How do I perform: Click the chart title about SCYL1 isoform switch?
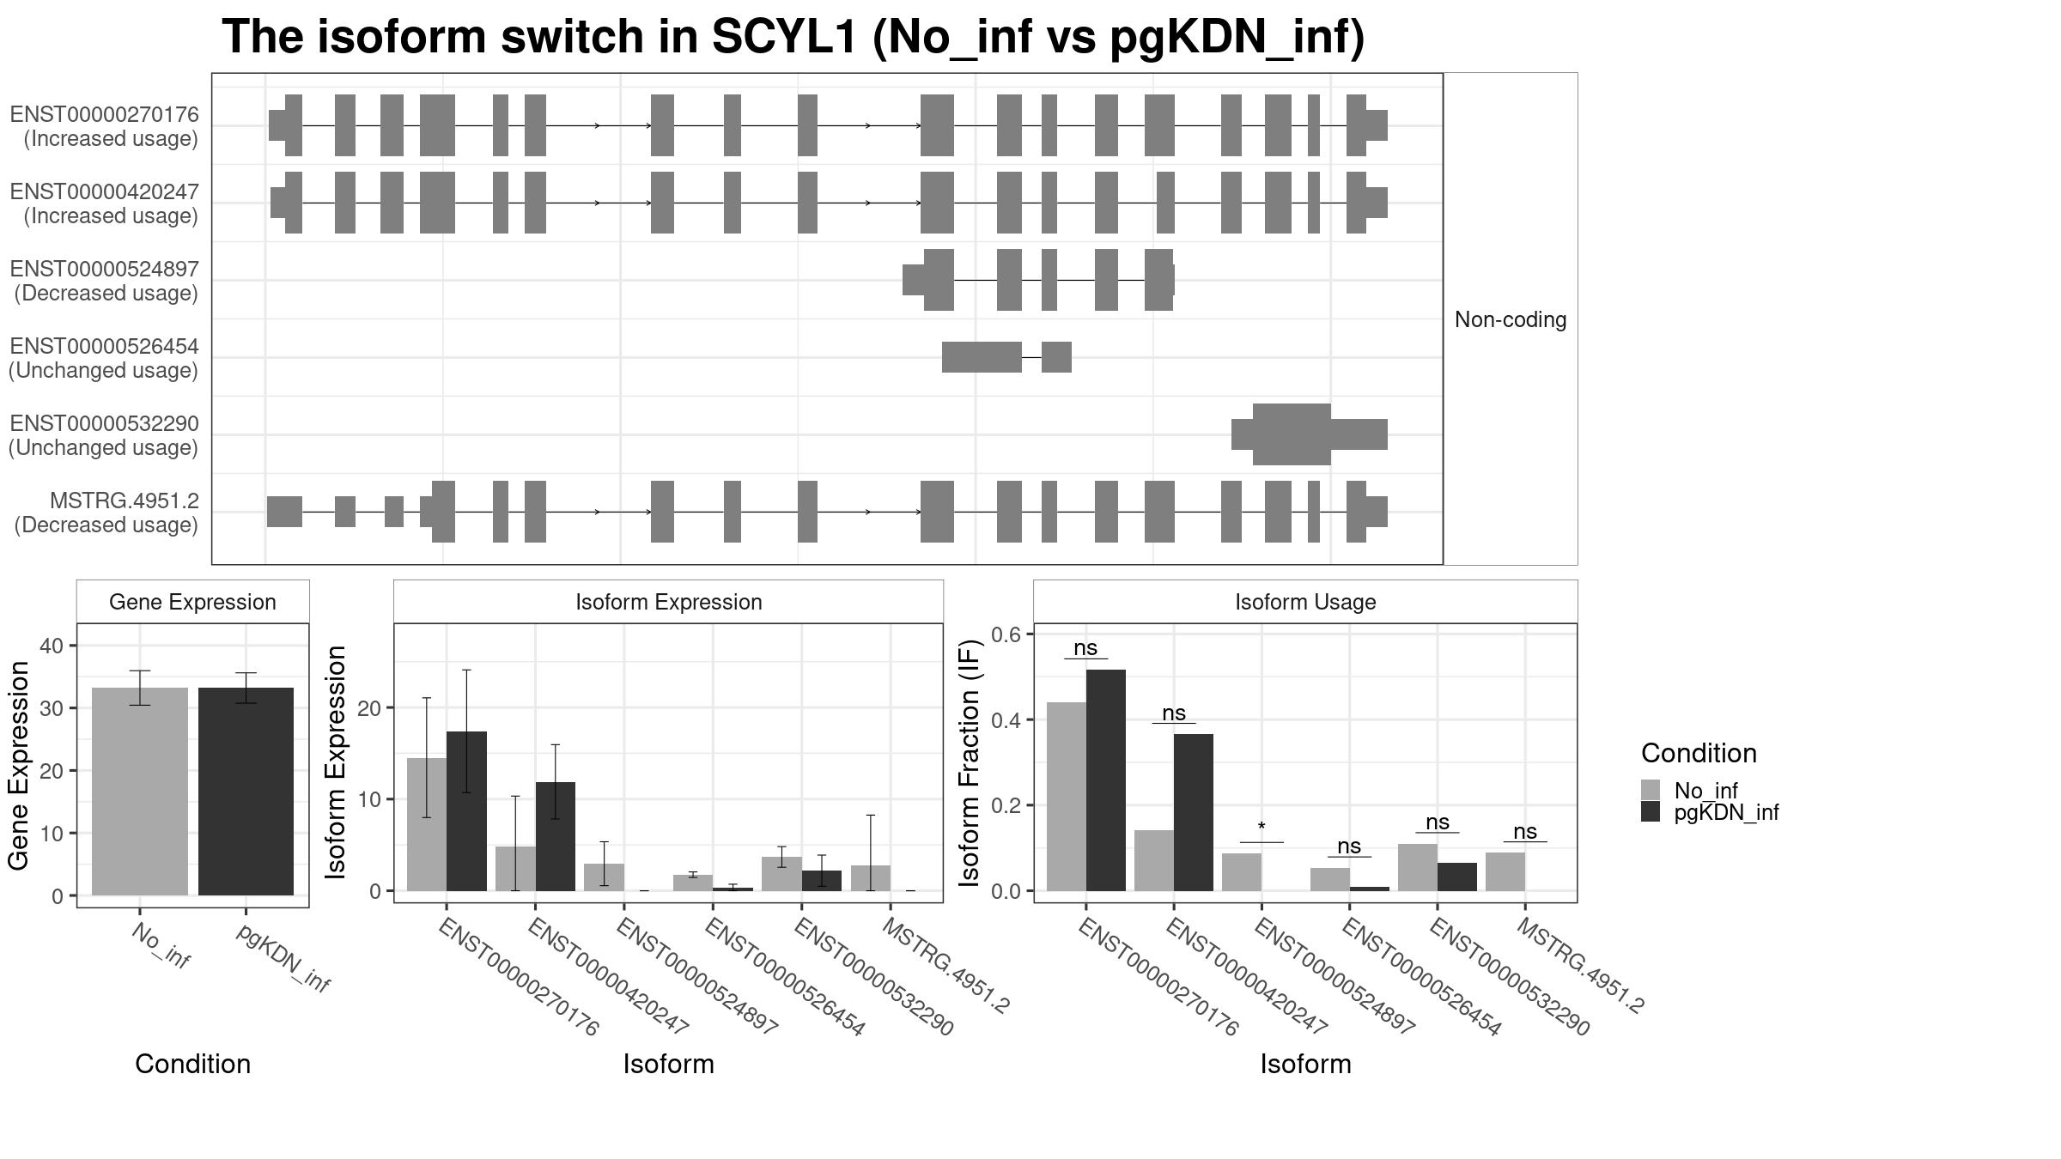pyautogui.click(x=793, y=38)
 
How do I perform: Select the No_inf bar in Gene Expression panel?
pyautogui.click(x=139, y=791)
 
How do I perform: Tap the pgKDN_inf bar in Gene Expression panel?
pyautogui.click(x=246, y=791)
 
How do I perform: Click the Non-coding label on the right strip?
pyautogui.click(x=1510, y=320)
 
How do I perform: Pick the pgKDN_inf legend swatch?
pyautogui.click(x=1650, y=812)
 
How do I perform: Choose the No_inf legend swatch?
pyautogui.click(x=1650, y=790)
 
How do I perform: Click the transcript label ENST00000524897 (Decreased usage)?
pyautogui.click(x=104, y=281)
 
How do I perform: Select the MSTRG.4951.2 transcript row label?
pyautogui.click(x=106, y=513)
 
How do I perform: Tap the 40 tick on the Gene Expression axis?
pyautogui.click(x=52, y=646)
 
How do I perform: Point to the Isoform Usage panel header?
pyautogui.click(x=1304, y=602)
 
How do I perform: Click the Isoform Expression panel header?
pyautogui.click(x=668, y=602)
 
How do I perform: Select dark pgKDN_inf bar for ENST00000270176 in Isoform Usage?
pyautogui.click(x=1105, y=780)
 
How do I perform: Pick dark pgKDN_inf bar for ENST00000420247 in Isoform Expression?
pyautogui.click(x=556, y=836)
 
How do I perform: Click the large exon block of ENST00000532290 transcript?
pyautogui.click(x=1291, y=434)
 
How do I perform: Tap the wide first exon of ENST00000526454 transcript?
pyautogui.click(x=982, y=357)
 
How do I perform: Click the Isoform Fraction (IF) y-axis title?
pyautogui.click(x=969, y=762)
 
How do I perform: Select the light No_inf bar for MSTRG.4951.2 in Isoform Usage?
pyautogui.click(x=1505, y=871)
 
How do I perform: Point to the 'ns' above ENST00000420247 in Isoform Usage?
pyautogui.click(x=1173, y=713)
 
